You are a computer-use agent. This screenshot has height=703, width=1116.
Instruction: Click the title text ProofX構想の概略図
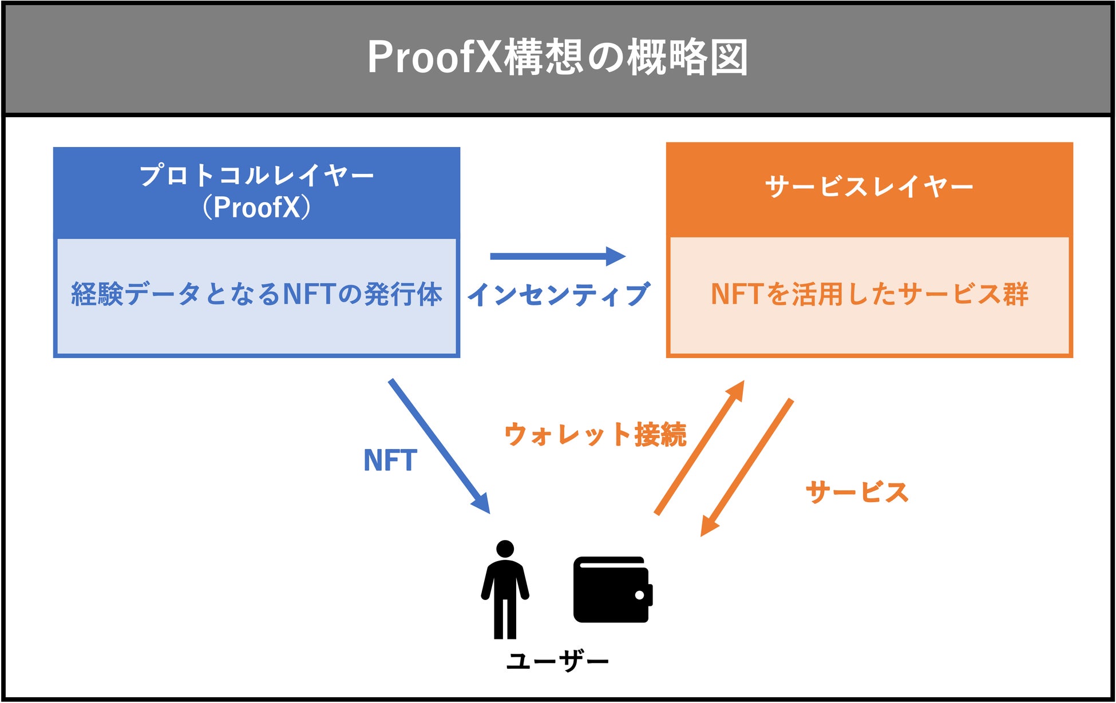coord(557,57)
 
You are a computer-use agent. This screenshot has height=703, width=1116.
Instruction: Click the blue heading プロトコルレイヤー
coord(257,175)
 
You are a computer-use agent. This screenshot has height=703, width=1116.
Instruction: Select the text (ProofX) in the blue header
coord(257,207)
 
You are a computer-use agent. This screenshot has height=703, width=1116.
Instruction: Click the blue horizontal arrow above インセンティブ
coord(549,256)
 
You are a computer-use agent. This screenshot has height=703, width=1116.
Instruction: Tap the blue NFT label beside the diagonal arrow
coord(390,460)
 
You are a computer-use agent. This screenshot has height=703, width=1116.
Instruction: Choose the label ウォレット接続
coord(595,435)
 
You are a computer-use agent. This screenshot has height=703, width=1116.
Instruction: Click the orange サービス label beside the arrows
coord(857,493)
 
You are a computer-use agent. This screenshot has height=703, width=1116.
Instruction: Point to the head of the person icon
coord(505,549)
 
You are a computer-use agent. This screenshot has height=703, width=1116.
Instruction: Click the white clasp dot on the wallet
coord(639,595)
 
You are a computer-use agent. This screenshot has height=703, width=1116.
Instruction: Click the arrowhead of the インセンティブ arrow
coord(616,256)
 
